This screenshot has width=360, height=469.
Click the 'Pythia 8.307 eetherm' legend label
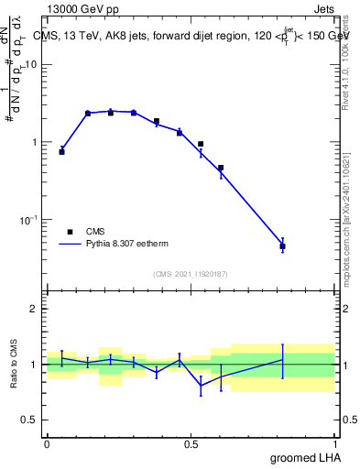[x=126, y=245]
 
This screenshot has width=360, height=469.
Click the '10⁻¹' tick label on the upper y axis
[x=29, y=220]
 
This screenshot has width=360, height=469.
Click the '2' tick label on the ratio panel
[x=35, y=310]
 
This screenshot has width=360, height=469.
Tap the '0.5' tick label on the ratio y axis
[x=30, y=420]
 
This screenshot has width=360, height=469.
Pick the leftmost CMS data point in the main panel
[x=61, y=152]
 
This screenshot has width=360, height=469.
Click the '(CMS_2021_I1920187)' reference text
[x=191, y=273]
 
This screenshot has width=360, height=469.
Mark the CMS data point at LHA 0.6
[x=221, y=168]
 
